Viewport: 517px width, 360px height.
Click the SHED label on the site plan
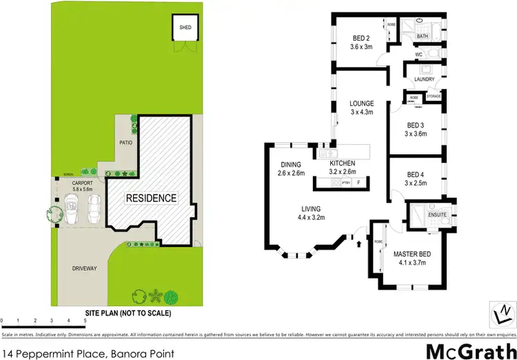(185, 28)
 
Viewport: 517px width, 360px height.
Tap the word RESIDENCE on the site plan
(151, 198)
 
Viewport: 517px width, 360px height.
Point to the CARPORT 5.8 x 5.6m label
(77, 185)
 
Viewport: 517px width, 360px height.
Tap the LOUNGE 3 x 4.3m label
(361, 108)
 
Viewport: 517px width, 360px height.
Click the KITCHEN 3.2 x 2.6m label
(343, 168)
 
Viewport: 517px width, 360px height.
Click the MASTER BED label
(413, 258)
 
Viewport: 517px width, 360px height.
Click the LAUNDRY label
(424, 79)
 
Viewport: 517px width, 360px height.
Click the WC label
(418, 53)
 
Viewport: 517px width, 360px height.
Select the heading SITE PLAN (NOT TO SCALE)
(128, 313)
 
